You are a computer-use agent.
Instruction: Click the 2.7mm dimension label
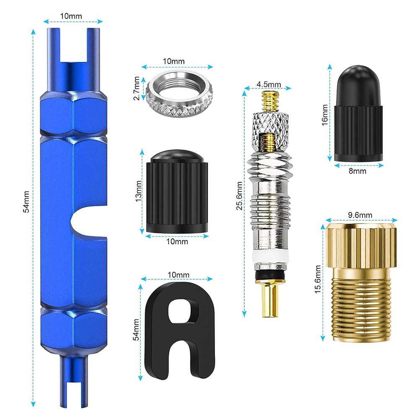pyautogui.click(x=137, y=88)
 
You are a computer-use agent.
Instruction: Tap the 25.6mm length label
pyautogui.click(x=239, y=196)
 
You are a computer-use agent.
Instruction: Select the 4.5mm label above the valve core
pyautogui.click(x=269, y=84)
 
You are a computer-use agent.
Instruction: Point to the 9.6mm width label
pyautogui.click(x=360, y=215)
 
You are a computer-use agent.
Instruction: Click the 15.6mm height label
pyautogui.click(x=318, y=279)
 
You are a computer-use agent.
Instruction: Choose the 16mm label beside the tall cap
pyautogui.click(x=324, y=115)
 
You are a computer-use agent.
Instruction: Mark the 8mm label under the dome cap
pyautogui.click(x=357, y=171)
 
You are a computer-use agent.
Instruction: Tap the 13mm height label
pyautogui.click(x=138, y=191)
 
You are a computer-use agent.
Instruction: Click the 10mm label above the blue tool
pyautogui.click(x=71, y=16)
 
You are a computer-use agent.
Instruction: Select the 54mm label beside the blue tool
pyautogui.click(x=26, y=202)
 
